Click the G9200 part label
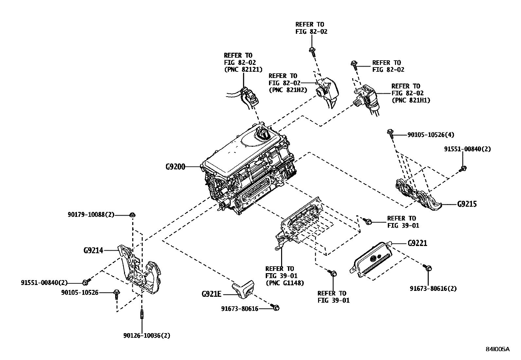[x=175, y=167]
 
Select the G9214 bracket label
[x=93, y=251]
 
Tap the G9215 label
[x=467, y=204]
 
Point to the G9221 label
[x=417, y=243]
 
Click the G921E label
[x=211, y=294]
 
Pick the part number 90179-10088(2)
[x=91, y=215]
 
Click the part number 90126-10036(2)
[x=147, y=335]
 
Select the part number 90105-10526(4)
[x=431, y=135]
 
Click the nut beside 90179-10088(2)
[x=133, y=215]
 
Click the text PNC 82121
[x=238, y=69]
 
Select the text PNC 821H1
[x=411, y=100]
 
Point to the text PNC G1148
[x=285, y=283]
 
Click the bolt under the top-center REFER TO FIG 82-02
[x=312, y=50]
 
